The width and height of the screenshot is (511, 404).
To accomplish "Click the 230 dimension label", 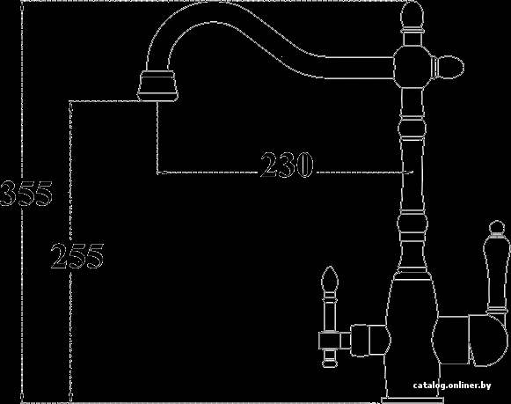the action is point(287,165).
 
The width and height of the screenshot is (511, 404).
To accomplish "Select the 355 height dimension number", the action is point(26,194).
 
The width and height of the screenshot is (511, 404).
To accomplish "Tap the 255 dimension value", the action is point(77,256).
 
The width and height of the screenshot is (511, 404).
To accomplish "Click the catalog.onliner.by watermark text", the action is point(452,386).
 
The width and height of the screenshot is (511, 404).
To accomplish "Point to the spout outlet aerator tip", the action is point(157,86).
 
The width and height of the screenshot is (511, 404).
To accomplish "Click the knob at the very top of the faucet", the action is point(412,17).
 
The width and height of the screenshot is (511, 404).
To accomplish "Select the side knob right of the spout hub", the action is point(448,68).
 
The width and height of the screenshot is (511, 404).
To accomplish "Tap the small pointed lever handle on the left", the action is point(330,317).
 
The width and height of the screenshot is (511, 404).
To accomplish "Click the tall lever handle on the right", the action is point(495,268).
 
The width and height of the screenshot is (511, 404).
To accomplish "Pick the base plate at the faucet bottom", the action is point(412,400).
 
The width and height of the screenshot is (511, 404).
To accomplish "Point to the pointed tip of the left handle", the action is point(330,267).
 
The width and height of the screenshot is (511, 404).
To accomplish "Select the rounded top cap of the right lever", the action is point(495,227).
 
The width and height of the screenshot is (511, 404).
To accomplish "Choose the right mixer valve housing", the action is point(470,340).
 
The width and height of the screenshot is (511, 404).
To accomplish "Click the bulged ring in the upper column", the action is point(412,129).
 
